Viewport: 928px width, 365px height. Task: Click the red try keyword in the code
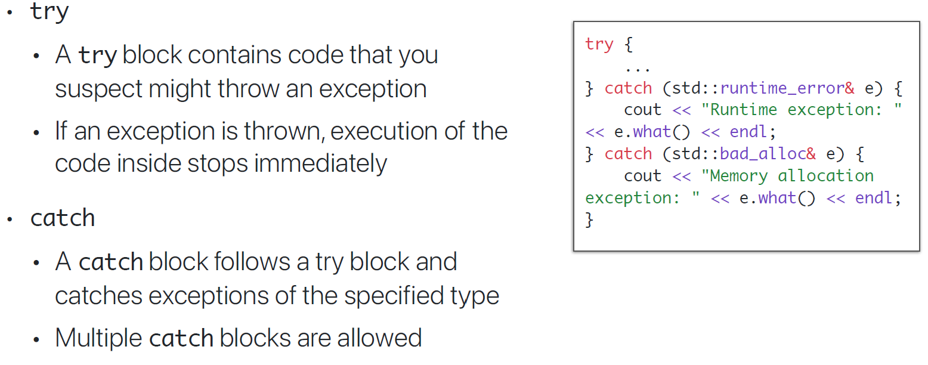pyautogui.click(x=599, y=45)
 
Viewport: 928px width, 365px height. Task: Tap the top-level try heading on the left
pyautogui.click(x=50, y=12)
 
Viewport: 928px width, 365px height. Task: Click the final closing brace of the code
pyautogui.click(x=589, y=219)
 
